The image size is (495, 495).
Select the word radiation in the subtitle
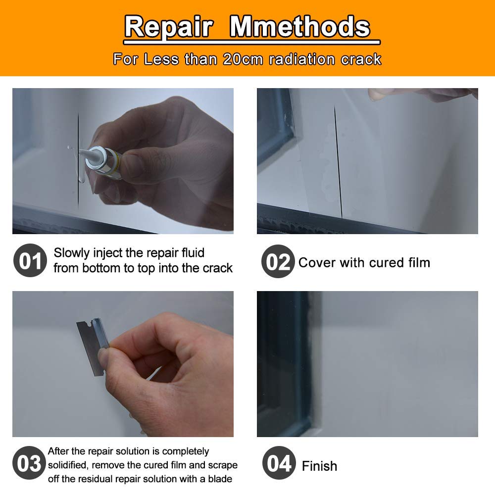tap(303, 59)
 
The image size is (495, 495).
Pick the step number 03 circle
tap(30, 464)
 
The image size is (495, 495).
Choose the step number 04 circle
tap(279, 464)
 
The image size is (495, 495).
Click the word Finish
tap(319, 466)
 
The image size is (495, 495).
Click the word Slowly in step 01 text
tap(71, 253)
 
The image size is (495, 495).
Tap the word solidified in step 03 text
tap(67, 465)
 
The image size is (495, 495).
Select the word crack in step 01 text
tap(217, 268)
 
